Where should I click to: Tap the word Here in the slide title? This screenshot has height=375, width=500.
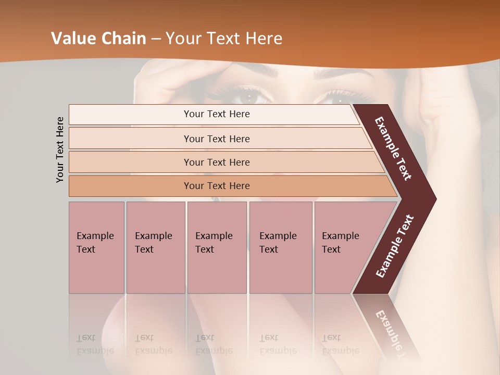click(264, 39)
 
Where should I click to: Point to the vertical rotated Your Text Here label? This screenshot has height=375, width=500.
click(60, 149)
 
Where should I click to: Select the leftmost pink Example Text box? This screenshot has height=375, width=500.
click(96, 247)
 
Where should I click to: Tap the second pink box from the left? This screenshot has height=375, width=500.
click(155, 247)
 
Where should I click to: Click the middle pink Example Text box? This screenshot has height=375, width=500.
click(217, 247)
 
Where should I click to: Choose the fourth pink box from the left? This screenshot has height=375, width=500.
click(281, 247)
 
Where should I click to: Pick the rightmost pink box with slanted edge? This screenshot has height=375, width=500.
click(344, 247)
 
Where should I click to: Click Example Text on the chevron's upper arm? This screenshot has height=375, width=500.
click(393, 148)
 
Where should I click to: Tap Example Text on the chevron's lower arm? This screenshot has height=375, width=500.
click(395, 246)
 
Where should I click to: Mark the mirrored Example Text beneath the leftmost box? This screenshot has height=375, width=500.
click(95, 344)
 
